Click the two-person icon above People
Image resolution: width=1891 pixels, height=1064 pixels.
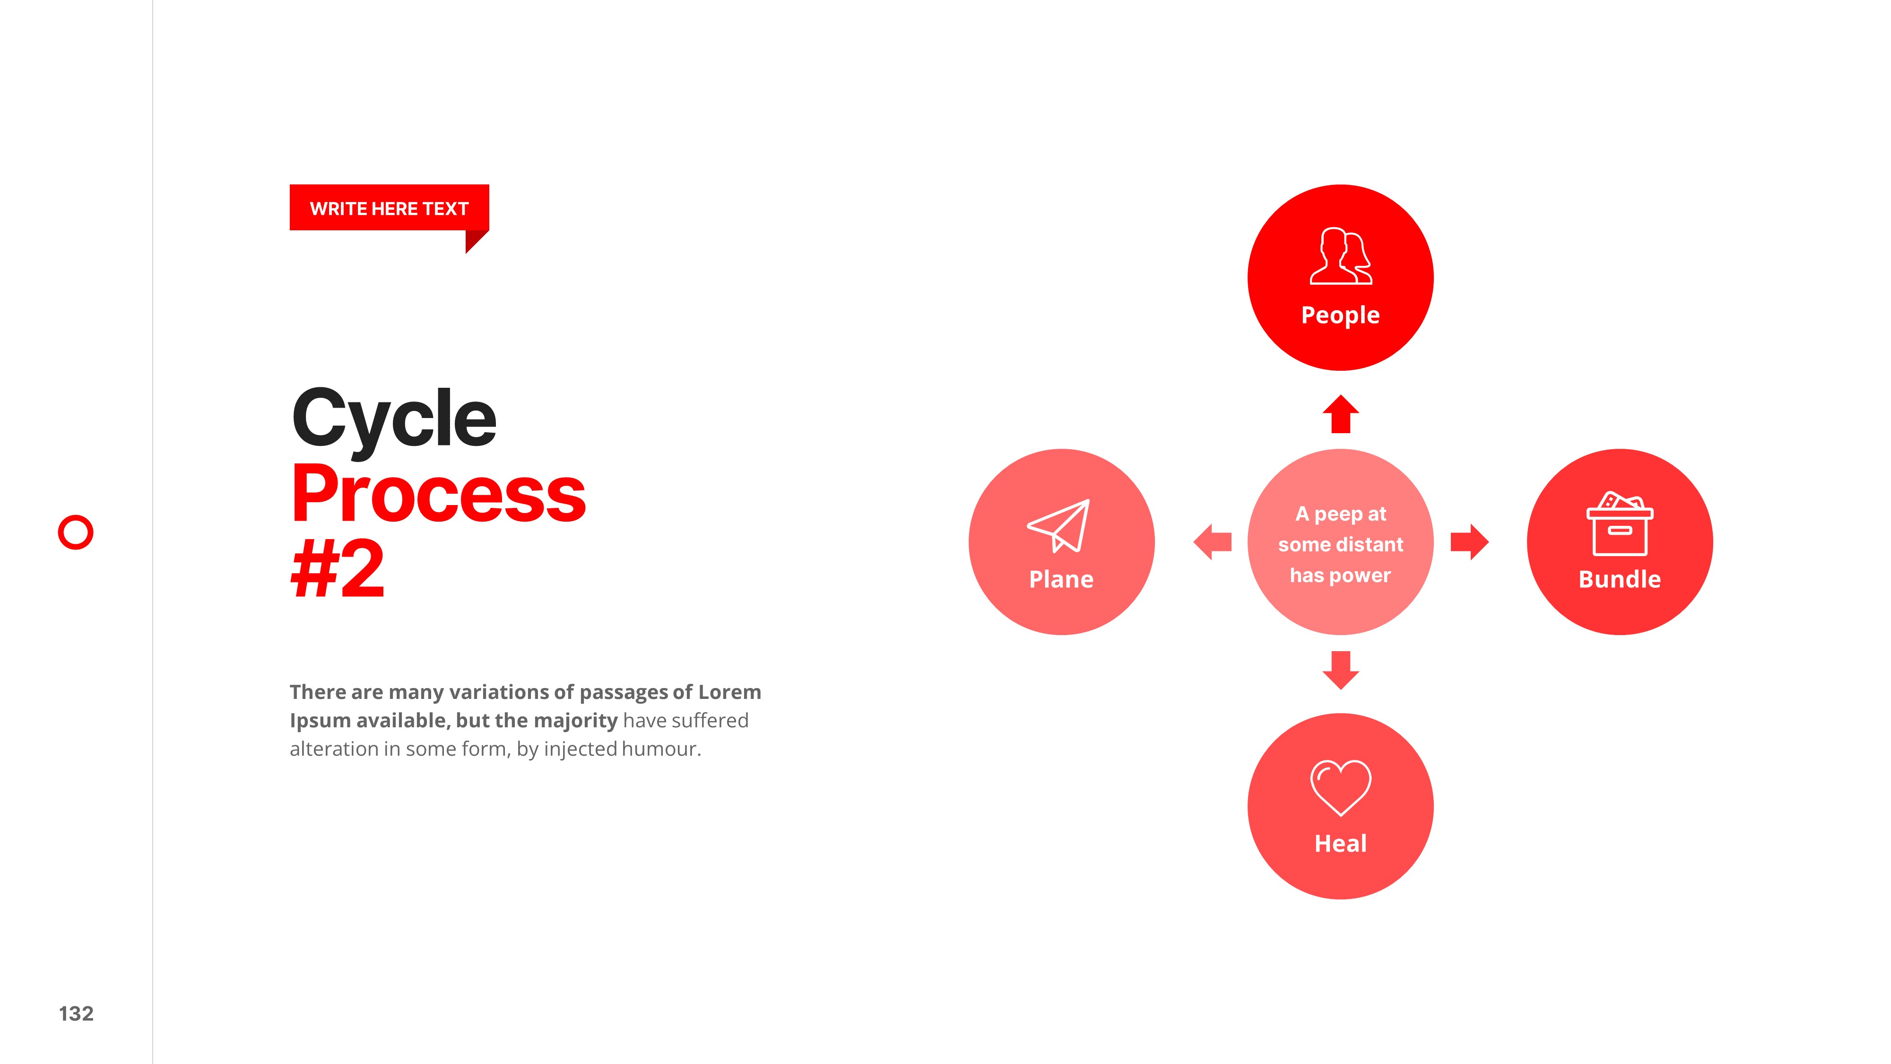pyautogui.click(x=1340, y=256)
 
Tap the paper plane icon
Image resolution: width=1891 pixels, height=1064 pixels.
pyautogui.click(x=1058, y=526)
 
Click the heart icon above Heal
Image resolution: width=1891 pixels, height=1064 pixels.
pyautogui.click(x=1340, y=788)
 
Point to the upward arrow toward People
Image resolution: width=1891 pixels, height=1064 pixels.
pyautogui.click(x=1340, y=414)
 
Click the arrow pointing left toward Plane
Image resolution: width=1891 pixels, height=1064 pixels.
pyautogui.click(x=1213, y=542)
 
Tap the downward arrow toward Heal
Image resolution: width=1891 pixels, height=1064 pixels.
pyautogui.click(x=1340, y=670)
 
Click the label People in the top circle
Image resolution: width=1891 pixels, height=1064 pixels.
pyautogui.click(x=1340, y=315)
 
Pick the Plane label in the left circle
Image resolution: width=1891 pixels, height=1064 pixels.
pyautogui.click(x=1061, y=579)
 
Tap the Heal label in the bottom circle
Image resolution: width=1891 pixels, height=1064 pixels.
pyautogui.click(x=1340, y=843)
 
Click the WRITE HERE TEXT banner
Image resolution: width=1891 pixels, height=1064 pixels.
pyautogui.click(x=389, y=209)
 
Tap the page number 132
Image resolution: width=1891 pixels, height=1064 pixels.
pyautogui.click(x=76, y=1013)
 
